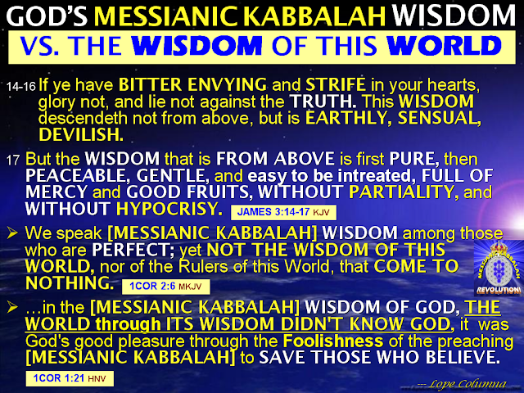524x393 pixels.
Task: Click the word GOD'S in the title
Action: [x=47, y=16]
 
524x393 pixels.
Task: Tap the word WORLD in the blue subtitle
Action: [x=444, y=46]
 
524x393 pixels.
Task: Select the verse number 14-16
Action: [x=21, y=87]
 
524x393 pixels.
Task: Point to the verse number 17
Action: [x=13, y=160]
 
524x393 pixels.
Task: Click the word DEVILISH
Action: [x=81, y=134]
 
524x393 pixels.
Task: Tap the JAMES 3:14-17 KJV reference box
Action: [x=283, y=212]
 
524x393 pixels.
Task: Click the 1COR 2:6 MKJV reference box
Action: [x=165, y=287]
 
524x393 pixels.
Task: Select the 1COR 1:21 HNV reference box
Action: [x=70, y=378]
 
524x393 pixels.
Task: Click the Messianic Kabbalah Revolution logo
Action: [x=499, y=268]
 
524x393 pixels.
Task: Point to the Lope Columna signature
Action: [x=463, y=384]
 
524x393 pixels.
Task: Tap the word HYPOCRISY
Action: [x=169, y=209]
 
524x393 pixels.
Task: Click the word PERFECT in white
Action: [x=133, y=250]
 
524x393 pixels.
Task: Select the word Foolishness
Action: [x=333, y=341]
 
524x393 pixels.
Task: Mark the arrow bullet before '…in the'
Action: [x=12, y=307]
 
